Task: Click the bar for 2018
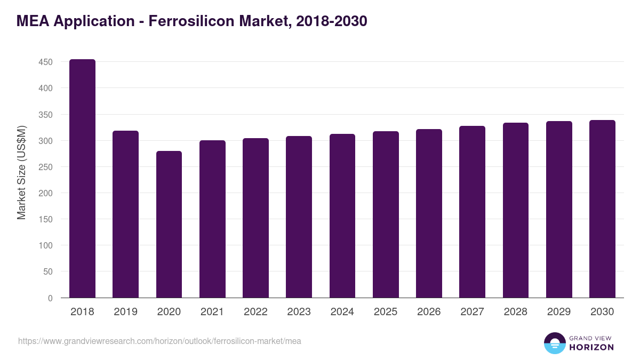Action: pyautogui.click(x=83, y=179)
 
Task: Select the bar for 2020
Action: pyautogui.click(x=169, y=225)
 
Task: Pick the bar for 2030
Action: pyautogui.click(x=602, y=209)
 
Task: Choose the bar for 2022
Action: pyautogui.click(x=255, y=218)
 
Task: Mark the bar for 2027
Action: pyautogui.click(x=472, y=212)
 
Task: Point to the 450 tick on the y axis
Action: pyautogui.click(x=45, y=62)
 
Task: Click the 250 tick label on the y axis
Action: pyautogui.click(x=45, y=167)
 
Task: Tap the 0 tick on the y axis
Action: pyautogui.click(x=50, y=298)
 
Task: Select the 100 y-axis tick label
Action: pyautogui.click(x=45, y=245)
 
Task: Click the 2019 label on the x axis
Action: pyautogui.click(x=126, y=312)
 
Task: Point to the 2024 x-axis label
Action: pyautogui.click(x=342, y=312)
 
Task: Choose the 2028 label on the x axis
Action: pyautogui.click(x=515, y=312)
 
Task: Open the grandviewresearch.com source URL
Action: pyautogui.click(x=159, y=341)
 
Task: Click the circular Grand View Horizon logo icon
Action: pyautogui.click(x=555, y=343)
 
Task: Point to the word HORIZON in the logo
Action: pyautogui.click(x=591, y=347)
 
